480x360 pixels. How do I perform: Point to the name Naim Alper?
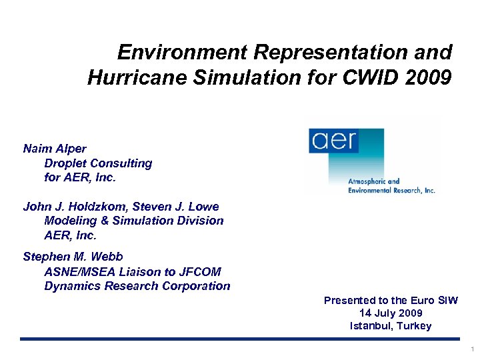(55, 149)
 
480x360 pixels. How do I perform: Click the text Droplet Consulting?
(98, 163)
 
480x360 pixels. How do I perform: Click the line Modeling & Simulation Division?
(133, 221)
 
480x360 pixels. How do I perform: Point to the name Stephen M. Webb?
(73, 257)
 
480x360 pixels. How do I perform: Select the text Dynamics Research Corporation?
(137, 286)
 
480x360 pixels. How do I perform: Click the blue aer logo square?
(334, 141)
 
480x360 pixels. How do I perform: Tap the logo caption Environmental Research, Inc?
(391, 190)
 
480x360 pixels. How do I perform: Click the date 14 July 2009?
(391, 313)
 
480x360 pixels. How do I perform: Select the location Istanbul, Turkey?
(391, 326)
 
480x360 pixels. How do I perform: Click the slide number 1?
(472, 349)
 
